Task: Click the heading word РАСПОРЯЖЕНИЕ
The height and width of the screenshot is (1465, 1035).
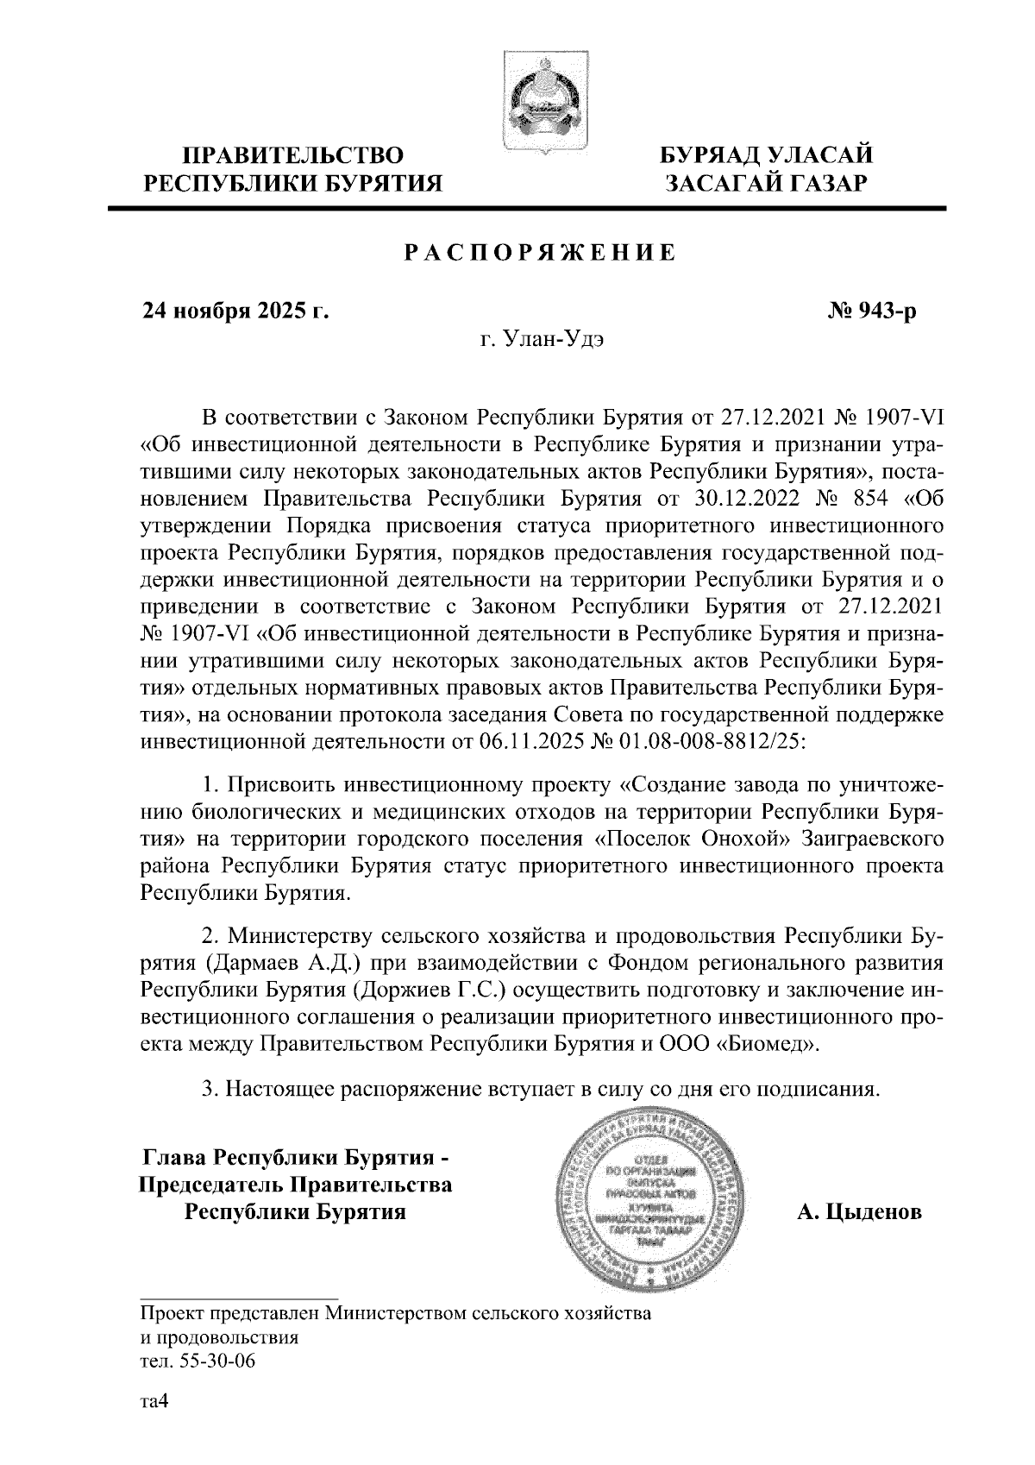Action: (x=540, y=254)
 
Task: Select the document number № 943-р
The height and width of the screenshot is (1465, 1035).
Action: (x=871, y=310)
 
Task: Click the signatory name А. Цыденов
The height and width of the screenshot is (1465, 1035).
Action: (x=859, y=1212)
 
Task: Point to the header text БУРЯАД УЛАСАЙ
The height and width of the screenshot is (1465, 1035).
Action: (x=766, y=155)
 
